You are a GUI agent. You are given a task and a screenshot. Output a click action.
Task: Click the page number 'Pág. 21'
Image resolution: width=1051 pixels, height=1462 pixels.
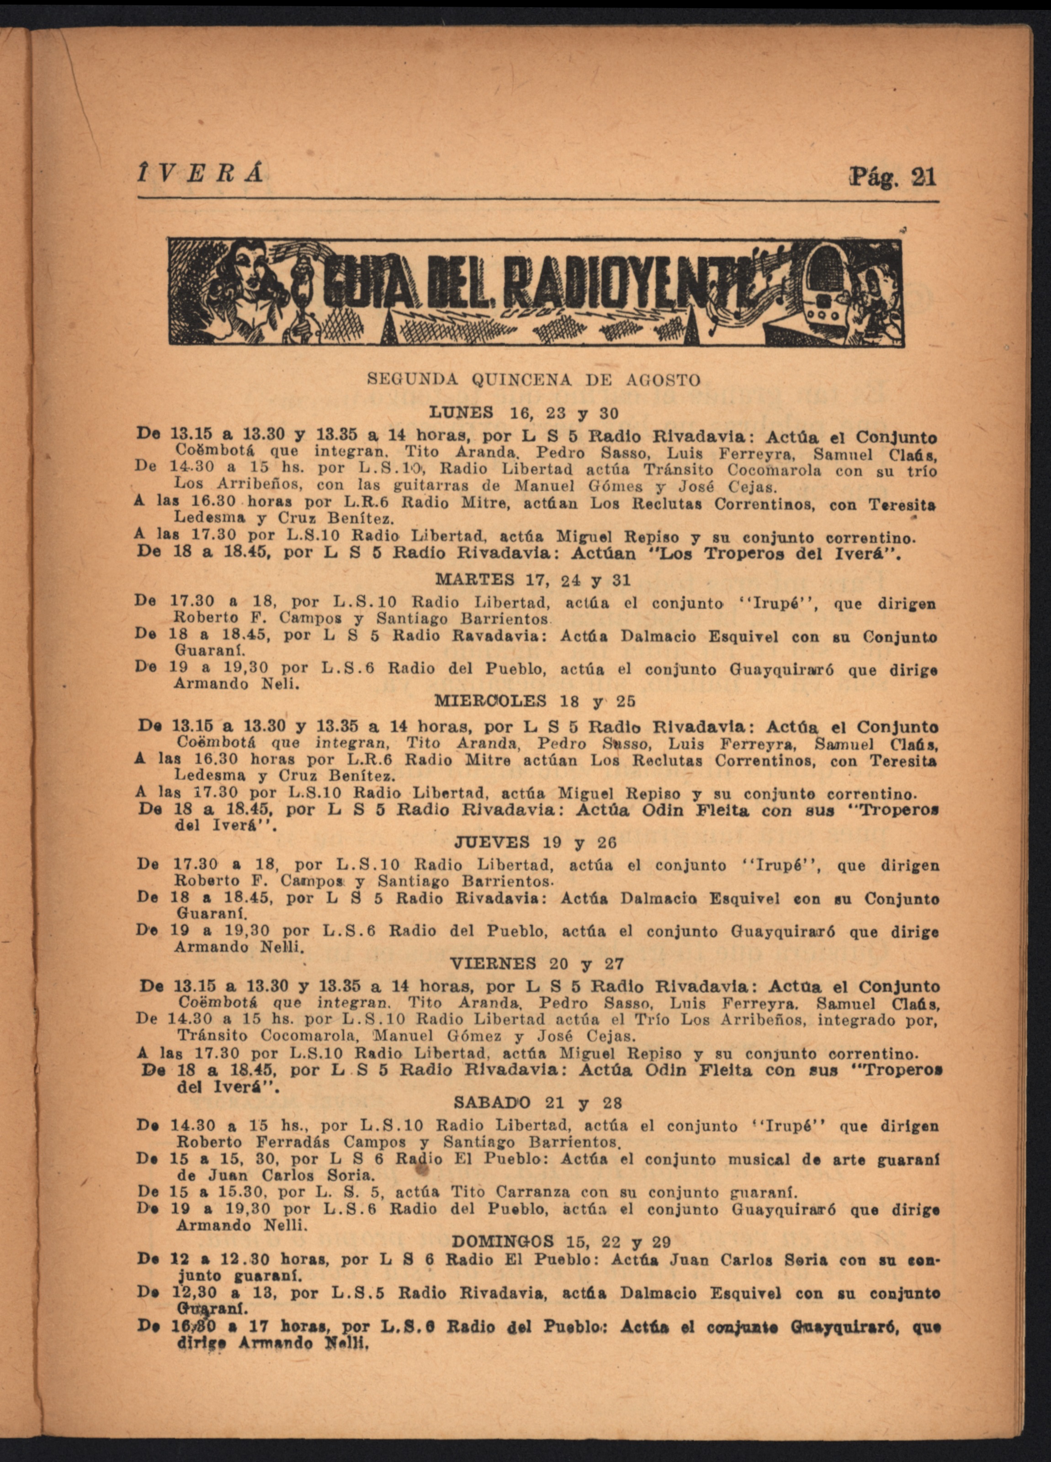point(892,176)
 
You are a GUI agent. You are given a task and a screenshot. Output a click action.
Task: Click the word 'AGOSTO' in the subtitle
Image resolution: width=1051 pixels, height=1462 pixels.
point(664,380)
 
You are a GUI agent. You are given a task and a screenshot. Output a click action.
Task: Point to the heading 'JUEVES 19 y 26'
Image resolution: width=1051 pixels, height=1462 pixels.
point(535,842)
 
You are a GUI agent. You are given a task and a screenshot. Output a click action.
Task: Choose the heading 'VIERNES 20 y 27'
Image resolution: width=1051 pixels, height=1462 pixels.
point(536,964)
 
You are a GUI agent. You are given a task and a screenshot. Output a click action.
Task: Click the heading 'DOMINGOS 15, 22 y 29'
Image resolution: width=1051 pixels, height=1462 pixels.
point(561,1241)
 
